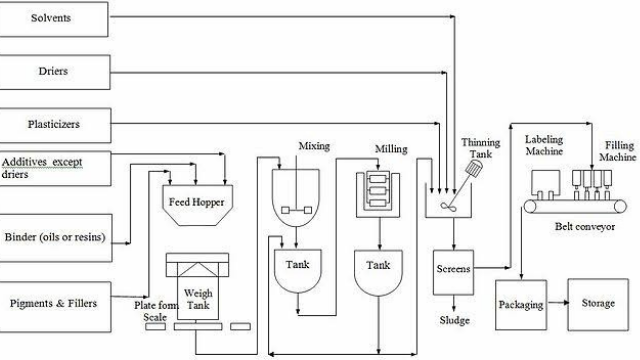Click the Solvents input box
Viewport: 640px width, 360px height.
(55, 18)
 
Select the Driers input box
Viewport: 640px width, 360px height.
(55, 71)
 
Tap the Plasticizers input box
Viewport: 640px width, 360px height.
(55, 124)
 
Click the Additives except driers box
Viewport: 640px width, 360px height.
(55, 167)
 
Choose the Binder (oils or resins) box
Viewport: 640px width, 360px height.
(65, 238)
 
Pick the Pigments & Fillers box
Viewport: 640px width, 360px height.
(65, 302)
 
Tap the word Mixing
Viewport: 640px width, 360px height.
(314, 147)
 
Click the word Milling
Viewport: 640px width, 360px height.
(391, 149)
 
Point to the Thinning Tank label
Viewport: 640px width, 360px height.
(480, 149)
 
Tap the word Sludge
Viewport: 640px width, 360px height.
(454, 320)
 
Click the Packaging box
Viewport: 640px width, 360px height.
(521, 302)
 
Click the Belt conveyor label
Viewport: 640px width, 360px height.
(584, 227)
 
